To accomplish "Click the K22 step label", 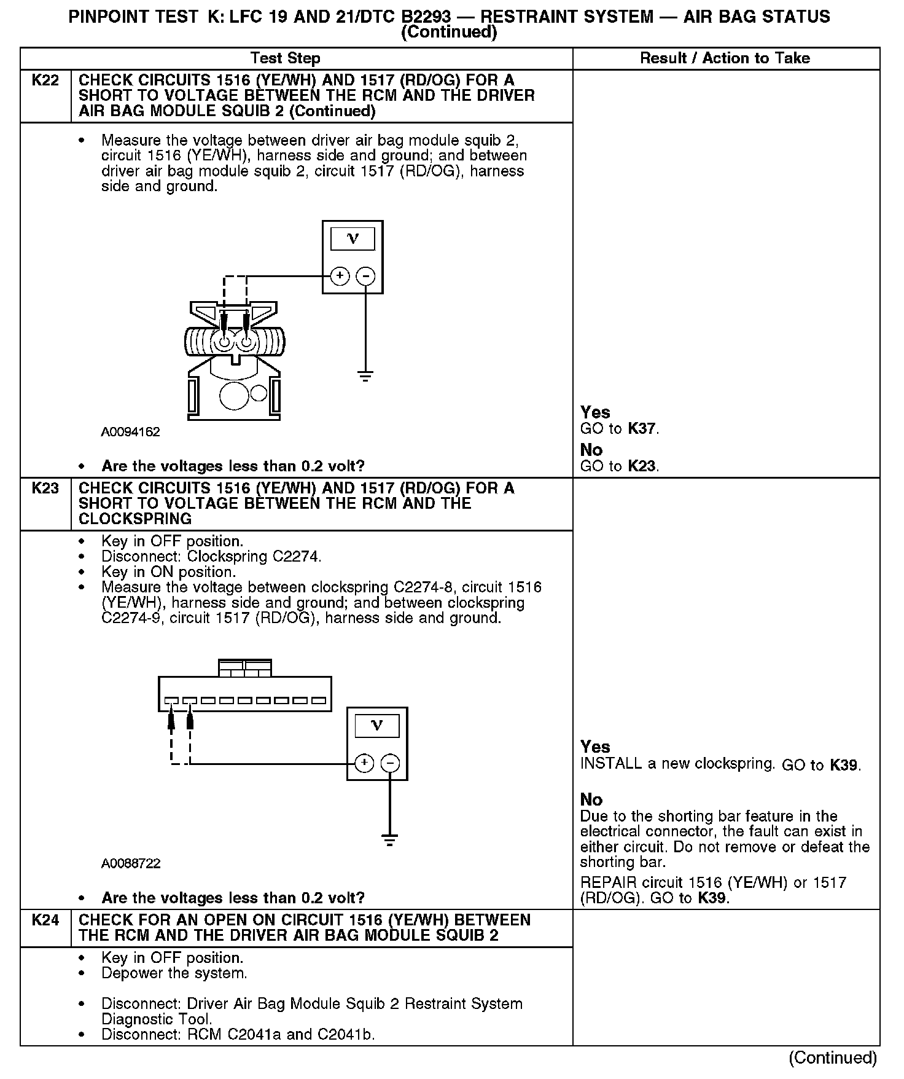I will [45, 80].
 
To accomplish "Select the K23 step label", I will [45, 488].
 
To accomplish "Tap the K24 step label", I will [45, 920].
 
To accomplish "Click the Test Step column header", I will [286, 58].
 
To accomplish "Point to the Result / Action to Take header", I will [725, 58].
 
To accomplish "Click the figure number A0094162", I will [130, 432].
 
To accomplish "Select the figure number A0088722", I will [131, 863].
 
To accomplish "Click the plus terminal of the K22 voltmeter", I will [340, 276].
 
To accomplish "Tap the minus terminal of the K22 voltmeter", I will [365, 276].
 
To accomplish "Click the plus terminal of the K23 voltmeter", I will [364, 763].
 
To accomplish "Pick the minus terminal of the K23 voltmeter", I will [390, 763].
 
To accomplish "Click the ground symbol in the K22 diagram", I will [365, 376].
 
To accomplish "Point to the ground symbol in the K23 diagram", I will [389, 840].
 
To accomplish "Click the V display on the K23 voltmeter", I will [377, 726].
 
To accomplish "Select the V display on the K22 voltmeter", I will [353, 239].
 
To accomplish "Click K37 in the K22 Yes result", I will [642, 429].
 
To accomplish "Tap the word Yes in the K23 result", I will [595, 747].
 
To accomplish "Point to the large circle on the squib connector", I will [234, 395].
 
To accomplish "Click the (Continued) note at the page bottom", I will [833, 1057].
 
